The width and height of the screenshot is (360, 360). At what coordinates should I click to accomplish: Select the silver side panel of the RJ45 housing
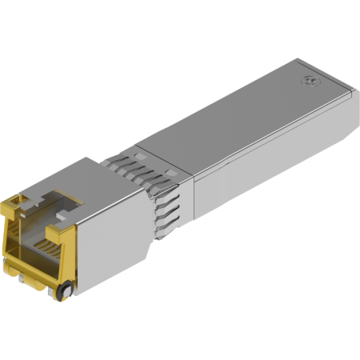(112, 240)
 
